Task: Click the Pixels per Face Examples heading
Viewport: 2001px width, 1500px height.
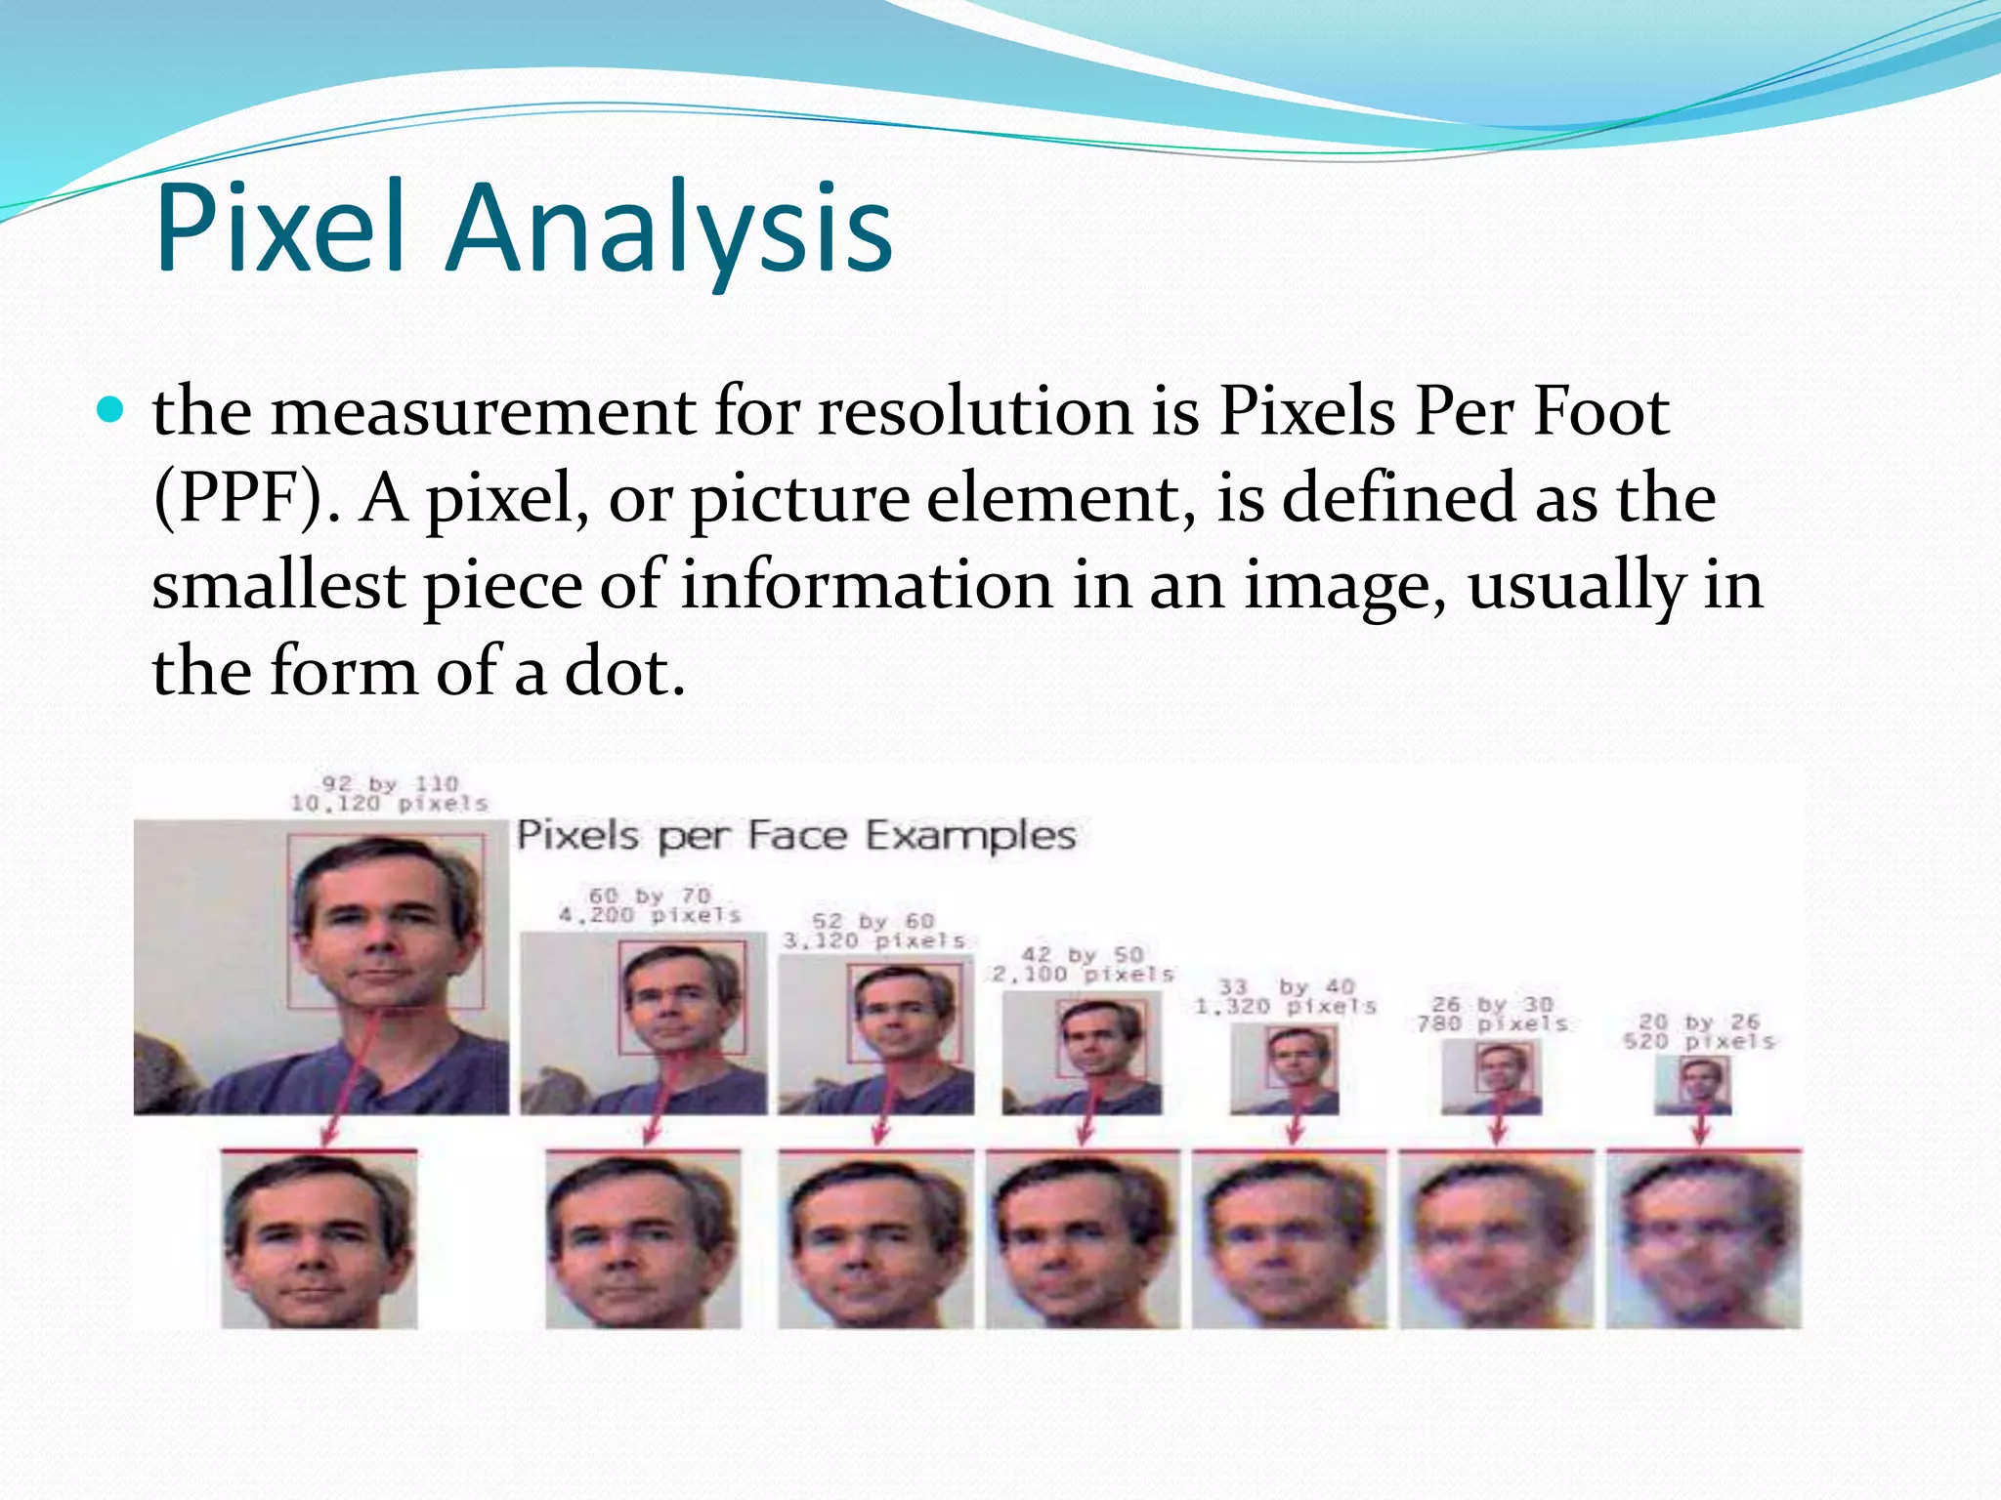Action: pos(796,836)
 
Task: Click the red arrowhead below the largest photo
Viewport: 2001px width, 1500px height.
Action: pos(329,1138)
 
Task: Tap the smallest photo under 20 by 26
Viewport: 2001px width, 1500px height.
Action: pos(1692,1085)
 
